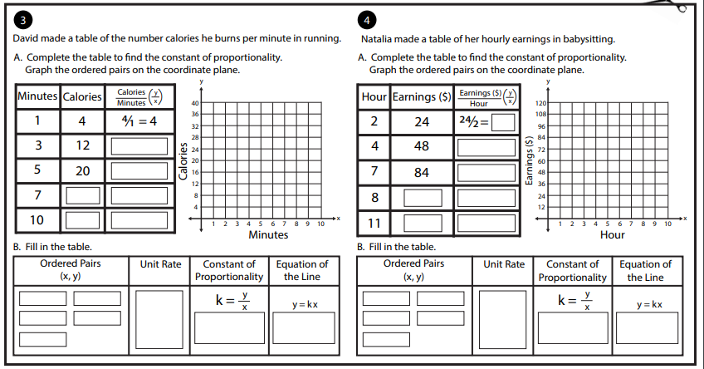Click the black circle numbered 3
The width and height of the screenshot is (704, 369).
pyautogui.click(x=23, y=20)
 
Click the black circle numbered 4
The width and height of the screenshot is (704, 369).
pyautogui.click(x=367, y=20)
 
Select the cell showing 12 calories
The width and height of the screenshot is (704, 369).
pyautogui.click(x=83, y=145)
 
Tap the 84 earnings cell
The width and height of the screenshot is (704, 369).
pyautogui.click(x=422, y=173)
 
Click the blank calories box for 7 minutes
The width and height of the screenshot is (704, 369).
pyautogui.click(x=83, y=195)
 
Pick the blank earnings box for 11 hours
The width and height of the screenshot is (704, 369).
pyautogui.click(x=423, y=224)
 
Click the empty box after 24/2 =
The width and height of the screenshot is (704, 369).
pyautogui.click(x=503, y=122)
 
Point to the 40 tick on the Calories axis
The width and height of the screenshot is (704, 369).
pyautogui.click(x=195, y=103)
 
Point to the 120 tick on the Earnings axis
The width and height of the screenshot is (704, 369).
pyautogui.click(x=540, y=103)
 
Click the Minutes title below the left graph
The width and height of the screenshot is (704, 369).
pyautogui.click(x=268, y=234)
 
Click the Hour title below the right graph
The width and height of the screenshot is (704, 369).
pyautogui.click(x=613, y=234)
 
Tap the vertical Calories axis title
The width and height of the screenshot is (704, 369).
pyautogui.click(x=183, y=161)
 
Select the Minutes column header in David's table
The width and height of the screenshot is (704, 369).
pyautogui.click(x=37, y=96)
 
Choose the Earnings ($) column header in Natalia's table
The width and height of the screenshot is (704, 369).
pyautogui.click(x=422, y=96)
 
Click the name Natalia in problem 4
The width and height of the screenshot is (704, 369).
pyautogui.click(x=376, y=39)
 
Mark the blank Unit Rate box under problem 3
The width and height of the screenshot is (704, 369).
pyautogui.click(x=159, y=319)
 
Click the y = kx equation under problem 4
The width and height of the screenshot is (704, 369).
pyautogui.click(x=649, y=305)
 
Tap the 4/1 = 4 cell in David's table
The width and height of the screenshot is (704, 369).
pyautogui.click(x=139, y=121)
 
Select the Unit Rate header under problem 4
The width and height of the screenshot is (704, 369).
pyautogui.click(x=504, y=264)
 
